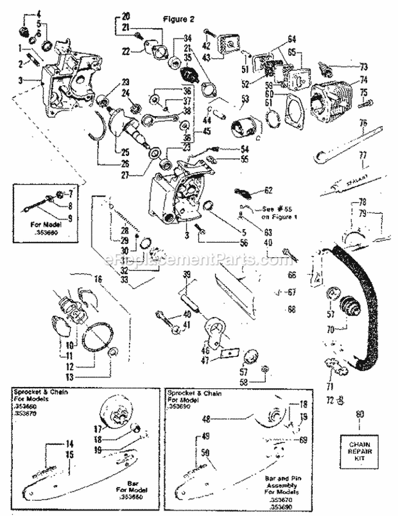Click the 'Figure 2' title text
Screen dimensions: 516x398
click(x=179, y=19)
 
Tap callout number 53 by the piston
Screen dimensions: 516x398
click(x=245, y=99)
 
